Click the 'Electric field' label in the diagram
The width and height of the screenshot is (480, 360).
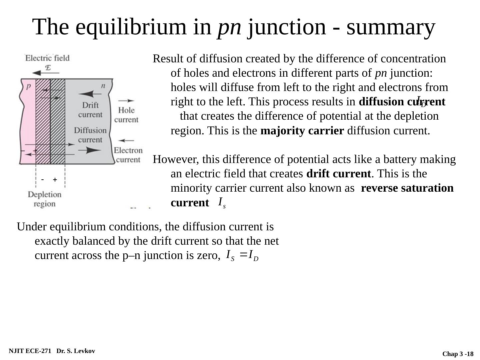tap(47, 58)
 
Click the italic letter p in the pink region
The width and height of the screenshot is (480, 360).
tap(29, 86)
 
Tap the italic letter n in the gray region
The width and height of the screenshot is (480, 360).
tap(103, 86)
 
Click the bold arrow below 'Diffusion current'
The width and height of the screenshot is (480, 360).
tap(90, 150)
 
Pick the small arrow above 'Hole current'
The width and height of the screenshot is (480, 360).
tap(126, 100)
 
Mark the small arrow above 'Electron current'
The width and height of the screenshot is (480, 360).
tap(126, 141)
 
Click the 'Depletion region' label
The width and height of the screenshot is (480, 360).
tap(45, 199)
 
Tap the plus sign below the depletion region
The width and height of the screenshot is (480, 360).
tap(55, 180)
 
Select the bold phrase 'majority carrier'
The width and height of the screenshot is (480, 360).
tap(302, 131)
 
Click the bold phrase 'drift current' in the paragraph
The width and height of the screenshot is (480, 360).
tap(338, 174)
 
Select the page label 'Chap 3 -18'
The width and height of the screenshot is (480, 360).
tap(458, 354)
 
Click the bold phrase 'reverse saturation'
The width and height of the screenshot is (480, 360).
tap(407, 188)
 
